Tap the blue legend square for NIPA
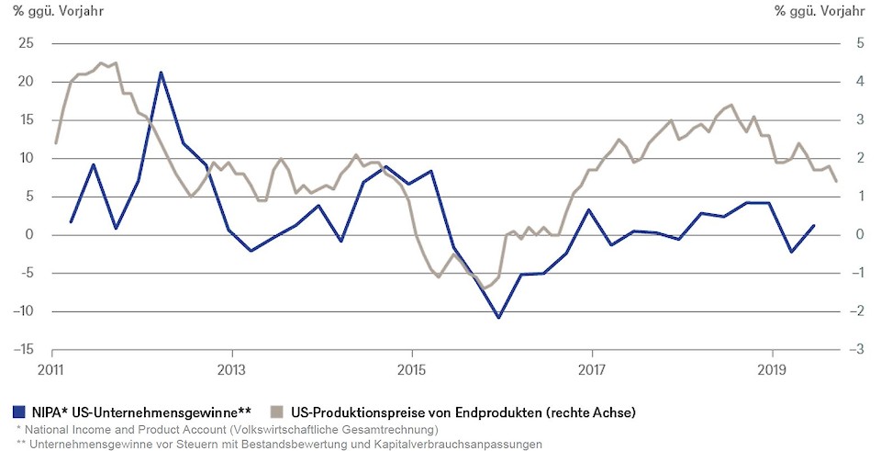coord(19,412)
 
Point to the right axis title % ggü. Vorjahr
coord(819,11)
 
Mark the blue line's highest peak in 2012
coord(161,72)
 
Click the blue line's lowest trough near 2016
coord(498,318)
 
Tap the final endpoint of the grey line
coord(836,181)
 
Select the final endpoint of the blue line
coord(814,225)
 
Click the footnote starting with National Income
coord(227,429)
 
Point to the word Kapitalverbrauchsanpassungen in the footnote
coord(454,444)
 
